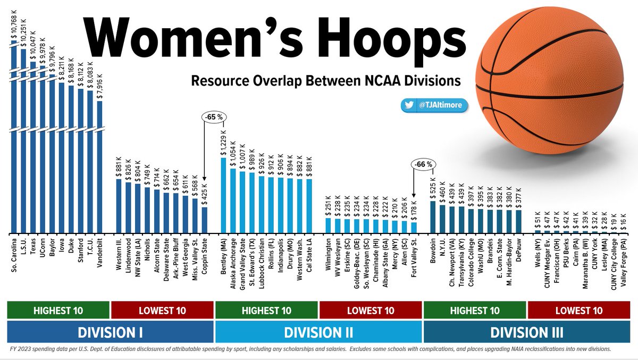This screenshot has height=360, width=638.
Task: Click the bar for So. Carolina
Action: tap(14, 138)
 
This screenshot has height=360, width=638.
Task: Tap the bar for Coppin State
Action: tap(205, 220)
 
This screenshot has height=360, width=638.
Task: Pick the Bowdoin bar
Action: tap(433, 217)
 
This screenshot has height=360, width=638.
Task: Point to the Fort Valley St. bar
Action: tap(414, 228)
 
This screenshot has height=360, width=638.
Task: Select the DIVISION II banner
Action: tap(319, 333)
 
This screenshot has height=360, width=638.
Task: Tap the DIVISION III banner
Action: tap(527, 333)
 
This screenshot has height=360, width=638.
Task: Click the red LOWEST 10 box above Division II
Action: tap(371, 310)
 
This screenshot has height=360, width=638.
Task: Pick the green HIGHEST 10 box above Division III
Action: tap(475, 310)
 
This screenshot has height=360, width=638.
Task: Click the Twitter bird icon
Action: tap(409, 106)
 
